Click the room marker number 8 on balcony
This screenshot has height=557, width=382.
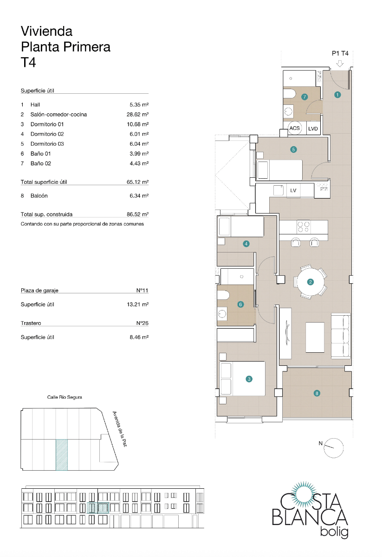click(317, 393)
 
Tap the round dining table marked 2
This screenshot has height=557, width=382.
click(311, 281)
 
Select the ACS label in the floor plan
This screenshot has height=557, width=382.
click(294, 128)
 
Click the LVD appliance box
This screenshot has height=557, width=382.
click(313, 129)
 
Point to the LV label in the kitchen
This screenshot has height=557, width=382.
click(293, 190)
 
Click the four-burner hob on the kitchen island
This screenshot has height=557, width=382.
click(304, 227)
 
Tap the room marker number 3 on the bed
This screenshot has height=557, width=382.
click(249, 379)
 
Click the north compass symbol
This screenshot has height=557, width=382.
click(334, 447)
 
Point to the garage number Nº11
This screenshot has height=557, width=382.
click(142, 291)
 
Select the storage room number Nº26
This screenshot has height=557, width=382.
click(142, 323)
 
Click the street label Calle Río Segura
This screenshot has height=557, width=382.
click(65, 397)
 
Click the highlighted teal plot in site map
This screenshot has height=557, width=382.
click(62, 454)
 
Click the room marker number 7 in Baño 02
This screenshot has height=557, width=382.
click(304, 97)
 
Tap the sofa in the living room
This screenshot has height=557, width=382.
click(341, 335)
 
